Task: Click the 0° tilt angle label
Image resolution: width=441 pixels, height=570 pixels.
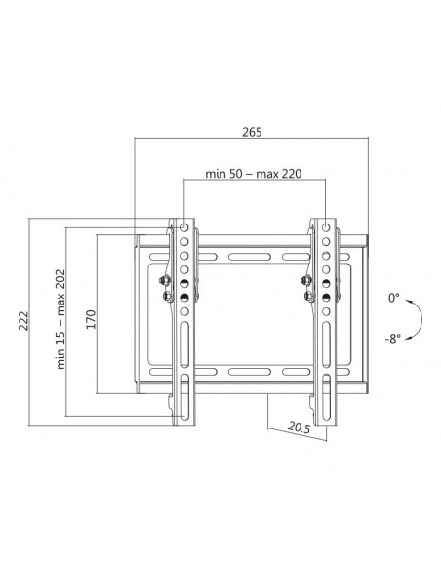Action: (x=393, y=297)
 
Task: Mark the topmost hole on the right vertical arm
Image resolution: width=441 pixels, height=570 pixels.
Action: (x=323, y=227)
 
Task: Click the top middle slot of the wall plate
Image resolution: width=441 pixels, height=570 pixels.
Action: (x=253, y=257)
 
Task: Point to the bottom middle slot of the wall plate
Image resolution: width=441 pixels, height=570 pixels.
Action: (x=253, y=373)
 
